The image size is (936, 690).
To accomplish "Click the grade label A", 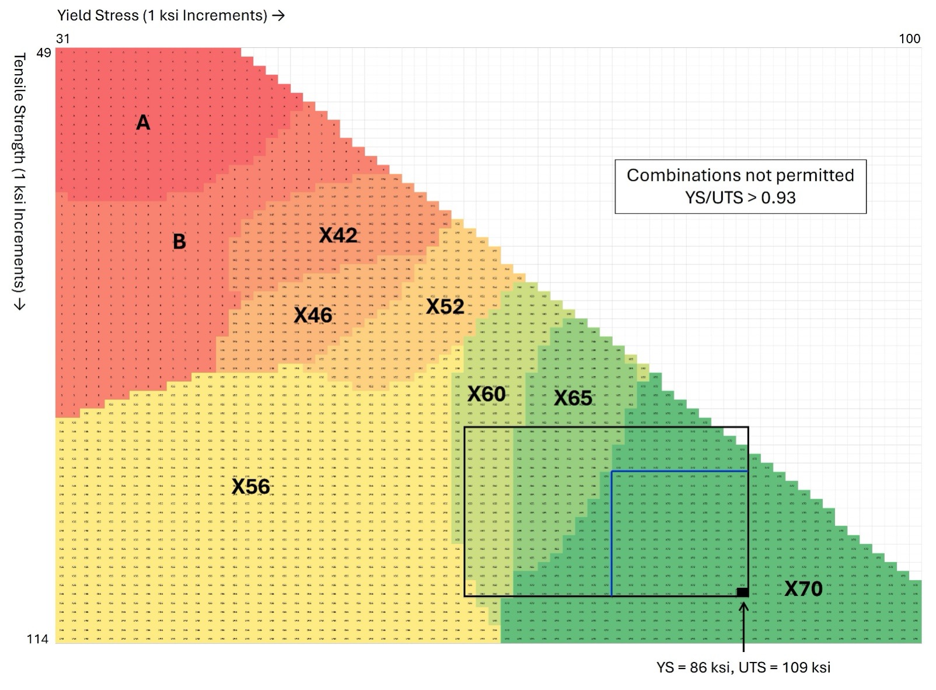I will click(143, 123).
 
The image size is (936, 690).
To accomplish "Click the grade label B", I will click(179, 242).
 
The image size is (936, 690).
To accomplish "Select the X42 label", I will click(338, 235).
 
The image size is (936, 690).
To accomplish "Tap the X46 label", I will click(313, 315).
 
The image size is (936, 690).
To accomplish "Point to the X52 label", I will click(445, 306).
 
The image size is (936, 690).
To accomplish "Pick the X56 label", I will click(251, 486).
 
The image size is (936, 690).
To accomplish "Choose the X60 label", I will click(487, 394).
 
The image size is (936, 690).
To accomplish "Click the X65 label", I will click(573, 398).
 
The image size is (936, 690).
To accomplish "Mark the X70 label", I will click(804, 589).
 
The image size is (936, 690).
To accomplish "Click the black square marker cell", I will click(742, 593).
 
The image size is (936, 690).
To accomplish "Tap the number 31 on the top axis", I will click(63, 39).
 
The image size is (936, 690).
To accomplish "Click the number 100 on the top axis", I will click(909, 39).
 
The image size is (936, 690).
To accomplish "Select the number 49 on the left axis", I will click(44, 53).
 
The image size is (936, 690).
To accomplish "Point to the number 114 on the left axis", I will click(37, 639).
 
